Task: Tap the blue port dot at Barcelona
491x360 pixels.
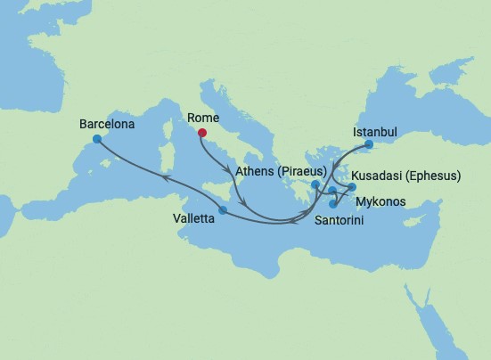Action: (96, 140)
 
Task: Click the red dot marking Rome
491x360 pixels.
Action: (202, 134)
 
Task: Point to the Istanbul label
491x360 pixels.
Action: (374, 131)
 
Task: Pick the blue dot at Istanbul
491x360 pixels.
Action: (369, 143)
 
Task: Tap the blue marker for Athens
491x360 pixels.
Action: (315, 185)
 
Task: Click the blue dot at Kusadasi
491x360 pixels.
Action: (352, 187)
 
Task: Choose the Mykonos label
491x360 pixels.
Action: (381, 202)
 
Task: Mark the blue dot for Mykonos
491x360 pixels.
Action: (332, 191)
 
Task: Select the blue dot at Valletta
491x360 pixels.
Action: (223, 210)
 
